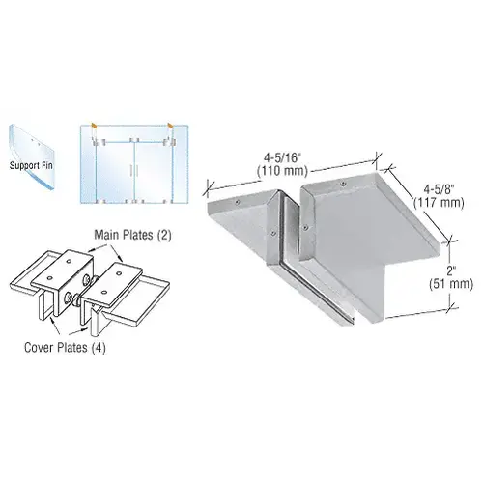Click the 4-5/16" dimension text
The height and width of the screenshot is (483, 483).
[x=282, y=158]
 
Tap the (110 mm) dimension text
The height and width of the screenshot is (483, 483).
[x=282, y=171]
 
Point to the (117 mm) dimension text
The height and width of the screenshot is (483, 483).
[x=439, y=203]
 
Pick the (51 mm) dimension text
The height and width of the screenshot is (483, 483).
[x=451, y=284]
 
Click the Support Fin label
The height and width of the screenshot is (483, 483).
[x=31, y=166]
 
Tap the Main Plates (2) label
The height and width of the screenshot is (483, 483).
[x=132, y=235]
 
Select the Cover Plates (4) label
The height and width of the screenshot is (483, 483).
[x=65, y=348]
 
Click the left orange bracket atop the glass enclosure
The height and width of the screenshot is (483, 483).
[x=94, y=125]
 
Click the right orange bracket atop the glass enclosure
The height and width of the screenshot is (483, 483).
[x=170, y=125]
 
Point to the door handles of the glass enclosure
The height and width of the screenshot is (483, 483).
[x=134, y=171]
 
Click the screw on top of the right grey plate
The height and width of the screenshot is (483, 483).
[x=344, y=184]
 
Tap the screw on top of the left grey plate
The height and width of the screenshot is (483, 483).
[x=238, y=202]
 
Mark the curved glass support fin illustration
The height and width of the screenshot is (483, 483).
[x=31, y=157]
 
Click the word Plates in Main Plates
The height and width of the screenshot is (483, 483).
[x=135, y=235]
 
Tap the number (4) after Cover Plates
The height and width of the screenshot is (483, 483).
[x=99, y=348]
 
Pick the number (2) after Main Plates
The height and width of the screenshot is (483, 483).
[x=164, y=236]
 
